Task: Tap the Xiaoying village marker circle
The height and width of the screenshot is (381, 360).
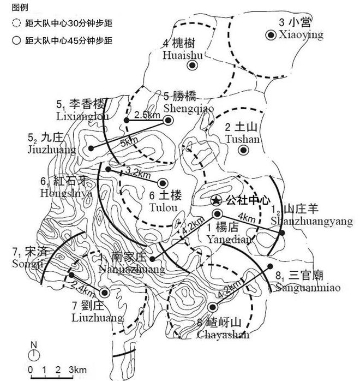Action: tap(270, 35)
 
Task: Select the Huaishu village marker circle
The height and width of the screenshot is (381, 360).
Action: tap(191, 66)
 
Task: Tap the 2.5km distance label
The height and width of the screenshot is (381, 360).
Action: tap(146, 116)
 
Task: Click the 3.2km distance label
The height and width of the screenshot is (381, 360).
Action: tap(137, 174)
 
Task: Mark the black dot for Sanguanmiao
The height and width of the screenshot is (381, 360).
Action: tap(270, 266)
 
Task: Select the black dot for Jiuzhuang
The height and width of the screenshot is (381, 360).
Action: tap(91, 148)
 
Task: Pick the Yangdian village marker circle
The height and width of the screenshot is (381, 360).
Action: tap(217, 213)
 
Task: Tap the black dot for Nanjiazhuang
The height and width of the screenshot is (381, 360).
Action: tap(152, 259)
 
